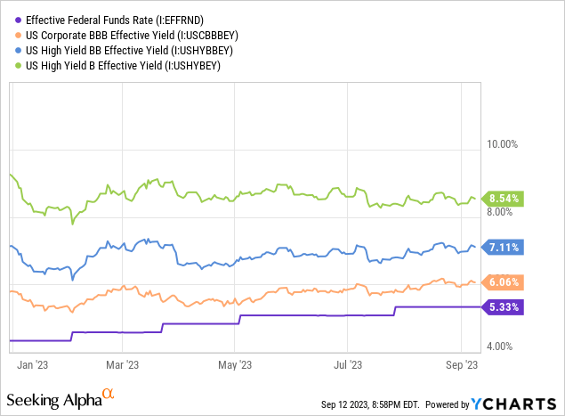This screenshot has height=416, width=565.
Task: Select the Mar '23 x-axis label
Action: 122,364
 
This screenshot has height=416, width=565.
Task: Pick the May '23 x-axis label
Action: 234,364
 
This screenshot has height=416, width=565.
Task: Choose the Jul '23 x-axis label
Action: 347,364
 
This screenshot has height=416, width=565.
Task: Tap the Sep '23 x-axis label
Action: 462,364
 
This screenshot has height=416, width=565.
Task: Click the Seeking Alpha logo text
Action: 55,396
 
